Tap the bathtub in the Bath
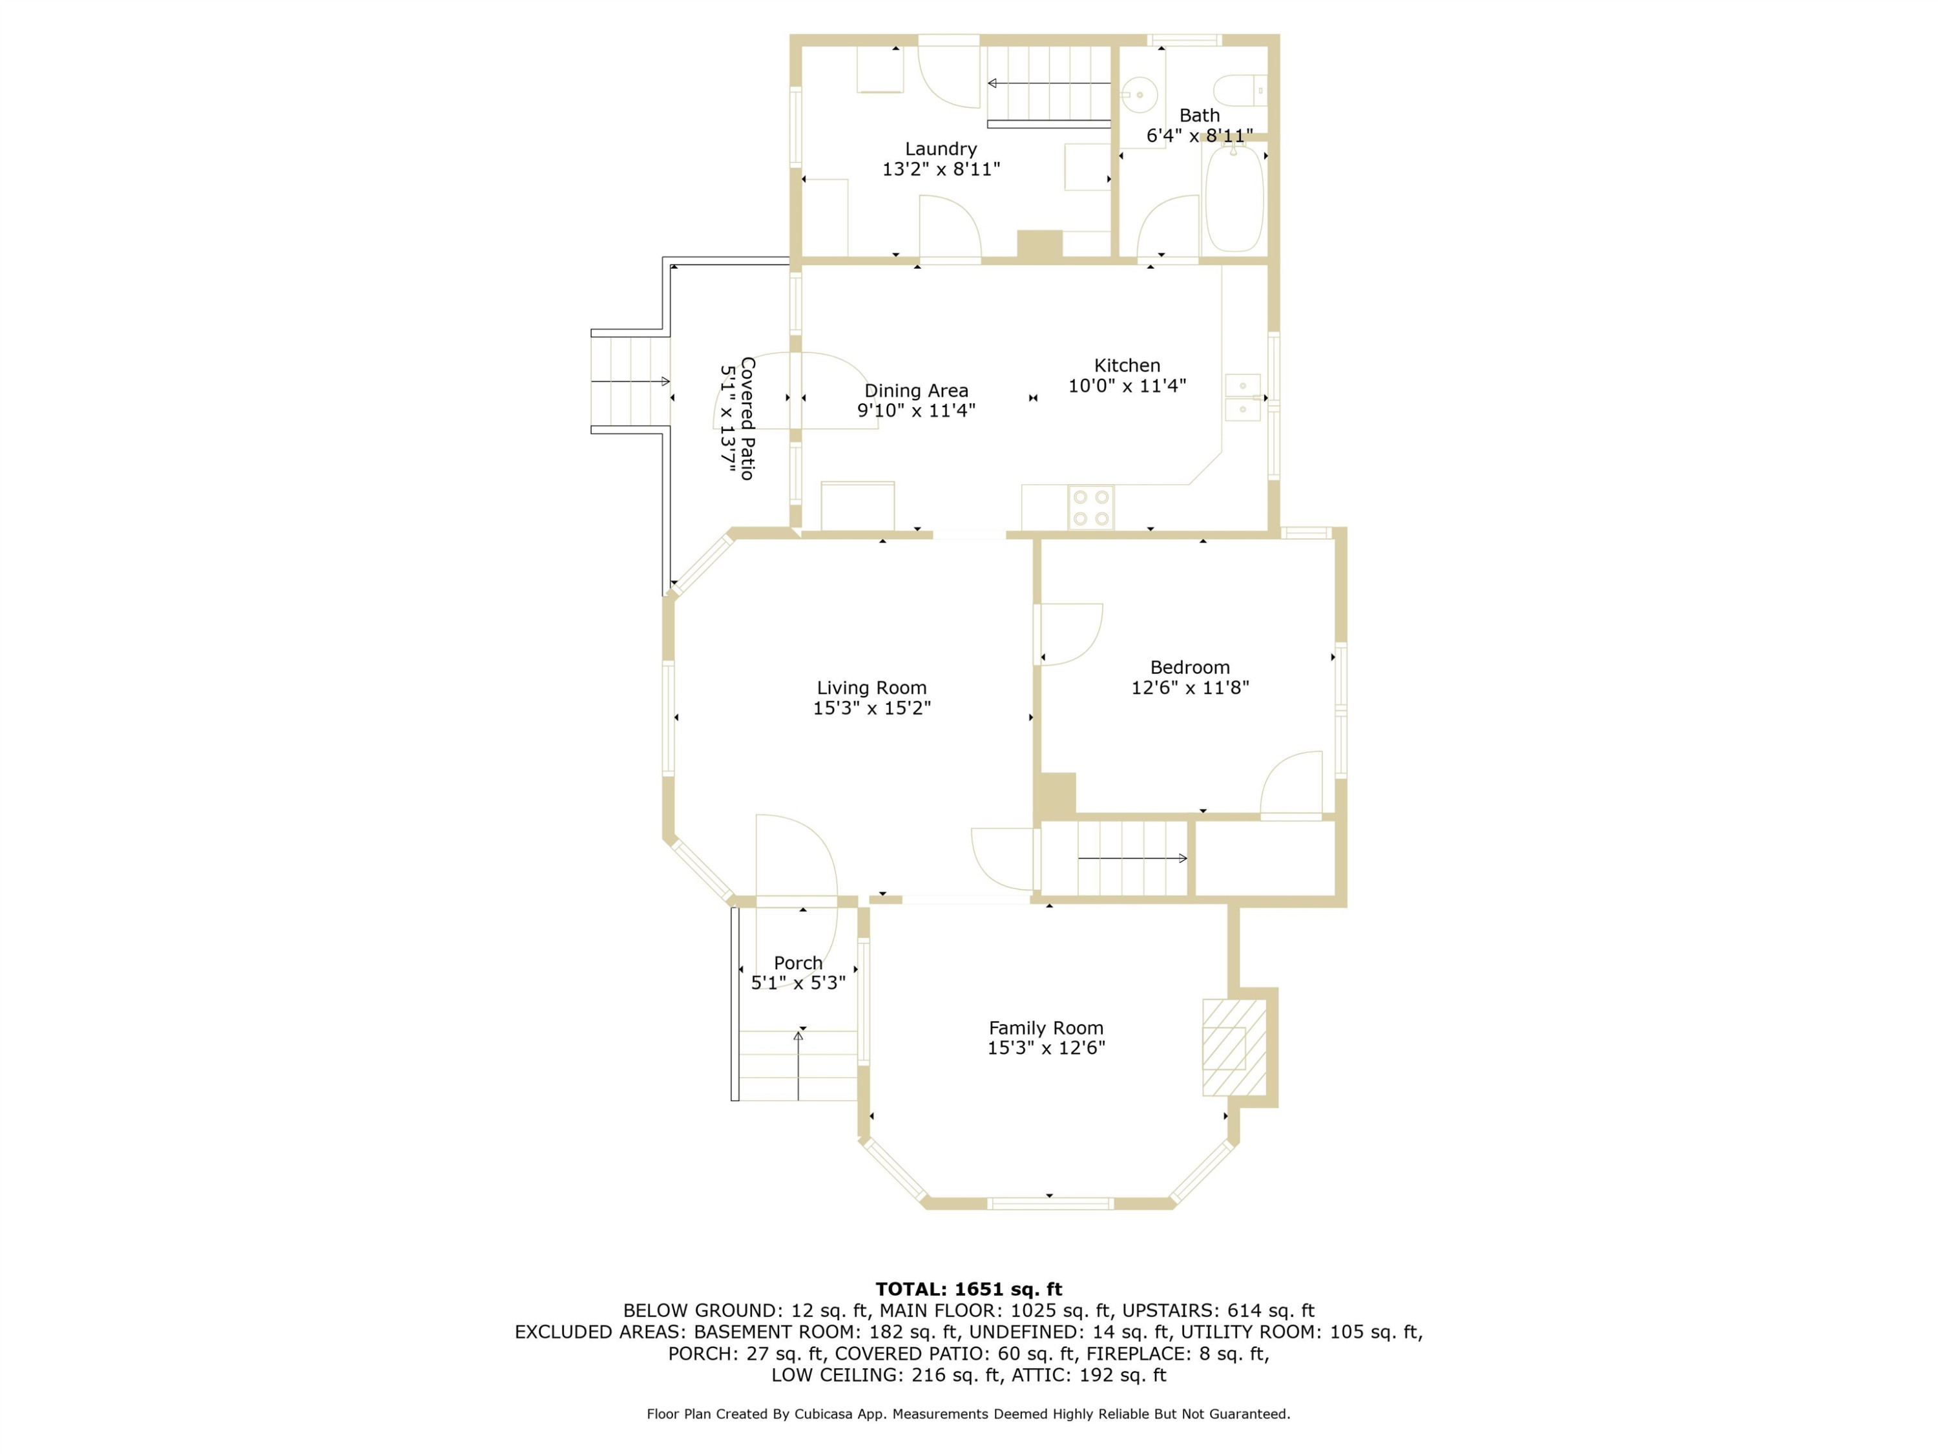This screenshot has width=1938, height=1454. (x=1235, y=199)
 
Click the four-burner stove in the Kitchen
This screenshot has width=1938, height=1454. (x=1091, y=507)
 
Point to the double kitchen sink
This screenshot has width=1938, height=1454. (x=1242, y=397)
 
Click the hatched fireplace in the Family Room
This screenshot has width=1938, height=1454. (x=1234, y=1048)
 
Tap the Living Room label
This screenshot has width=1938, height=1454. (x=871, y=688)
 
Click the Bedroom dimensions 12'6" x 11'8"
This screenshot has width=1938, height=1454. (x=1190, y=688)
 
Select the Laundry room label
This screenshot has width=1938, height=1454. (x=941, y=149)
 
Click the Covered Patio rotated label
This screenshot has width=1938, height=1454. (x=747, y=418)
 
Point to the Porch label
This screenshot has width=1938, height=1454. (x=798, y=964)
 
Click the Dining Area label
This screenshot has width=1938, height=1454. (x=917, y=391)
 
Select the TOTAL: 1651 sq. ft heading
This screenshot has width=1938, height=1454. (x=969, y=1289)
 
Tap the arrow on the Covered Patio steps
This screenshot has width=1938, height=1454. (x=630, y=381)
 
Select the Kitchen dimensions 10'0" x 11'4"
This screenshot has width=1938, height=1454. (x=1127, y=386)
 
